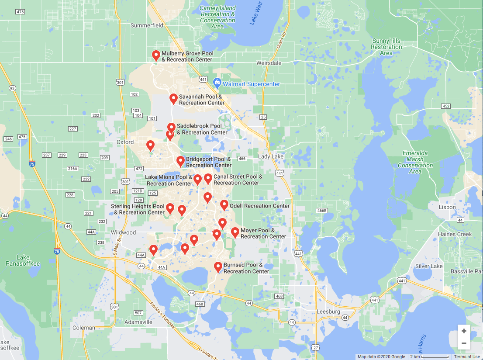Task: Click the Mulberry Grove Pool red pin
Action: pyautogui.click(x=156, y=55)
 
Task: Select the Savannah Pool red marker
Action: pyautogui.click(x=173, y=98)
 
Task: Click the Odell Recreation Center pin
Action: pyautogui.click(x=224, y=204)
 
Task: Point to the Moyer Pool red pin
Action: pyautogui.click(x=235, y=232)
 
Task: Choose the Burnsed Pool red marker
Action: pyautogui.click(x=218, y=267)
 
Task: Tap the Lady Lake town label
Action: pyautogui.click(x=271, y=156)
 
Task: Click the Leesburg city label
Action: pyautogui.click(x=328, y=312)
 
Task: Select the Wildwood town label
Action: pyautogui.click(x=123, y=232)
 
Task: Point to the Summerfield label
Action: pyautogui.click(x=147, y=25)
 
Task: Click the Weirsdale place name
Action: pyautogui.click(x=269, y=63)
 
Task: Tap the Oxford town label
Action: pyautogui.click(x=125, y=142)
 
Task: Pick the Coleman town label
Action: pyautogui.click(x=83, y=328)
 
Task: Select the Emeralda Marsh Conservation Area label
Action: pyautogui.click(x=415, y=163)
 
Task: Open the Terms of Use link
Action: pyautogui.click(x=467, y=357)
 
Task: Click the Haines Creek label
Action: pyautogui.click(x=455, y=234)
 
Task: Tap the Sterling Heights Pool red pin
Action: pyautogui.click(x=170, y=208)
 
